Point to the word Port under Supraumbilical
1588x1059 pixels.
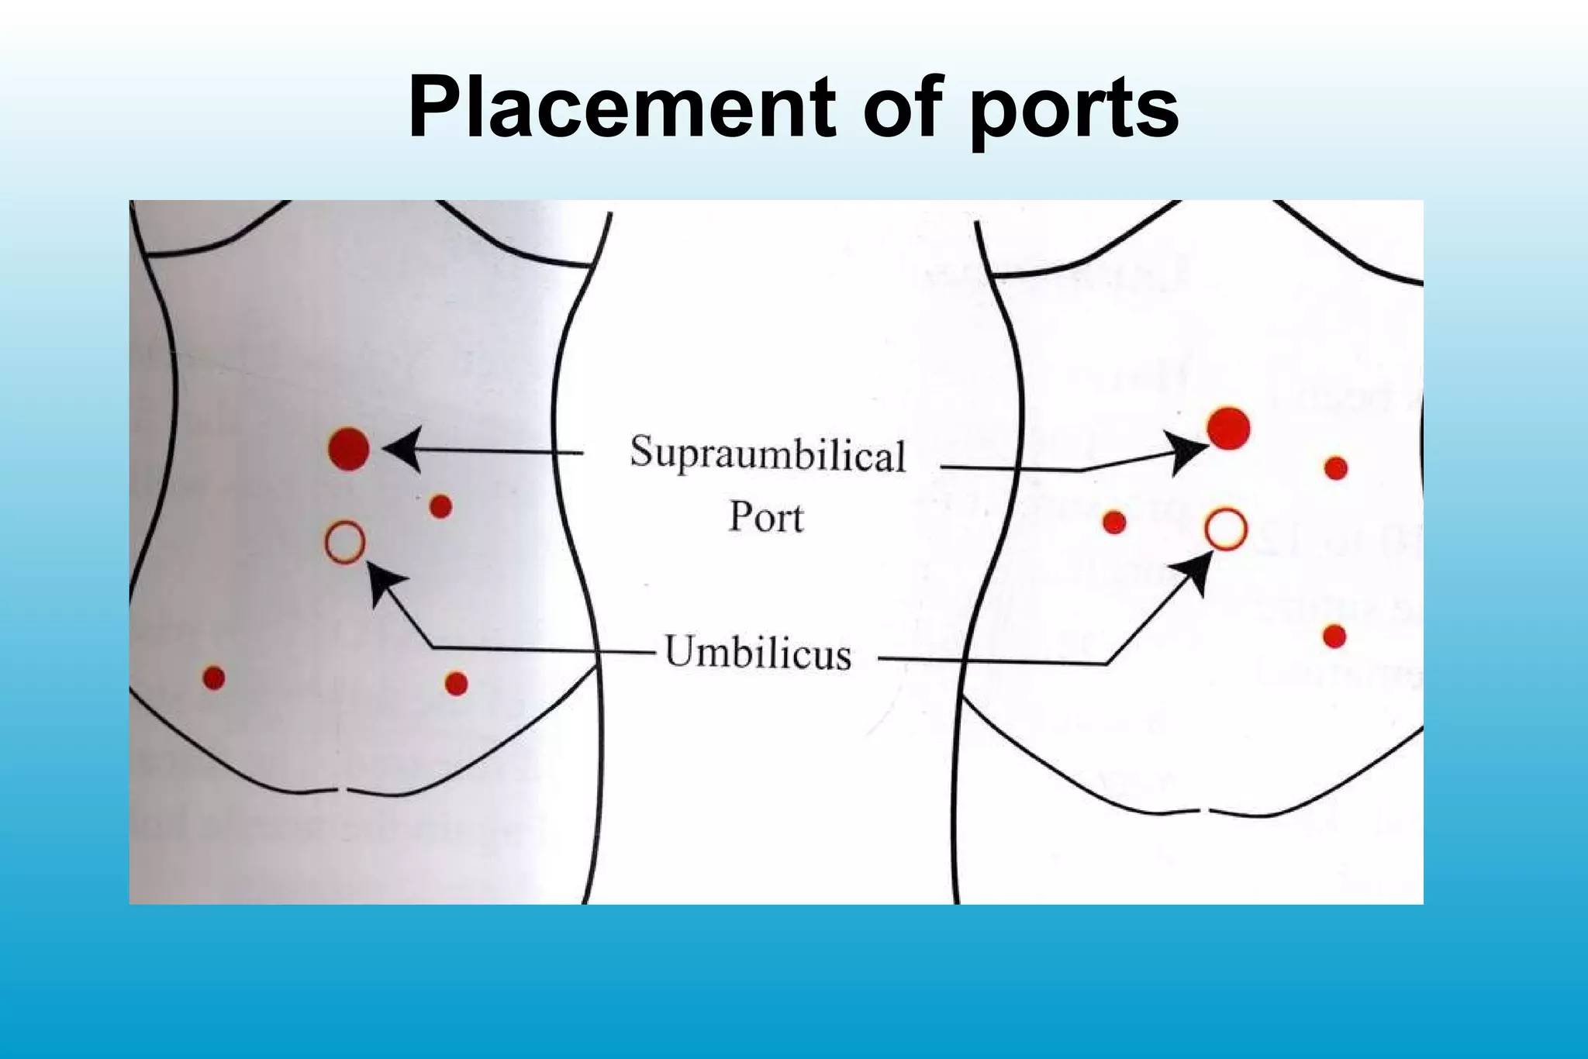pos(766,516)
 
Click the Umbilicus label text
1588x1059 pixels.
pos(758,652)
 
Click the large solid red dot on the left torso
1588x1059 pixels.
pos(349,448)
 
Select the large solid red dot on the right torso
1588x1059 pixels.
pos(1228,428)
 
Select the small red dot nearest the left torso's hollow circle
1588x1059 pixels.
pos(440,507)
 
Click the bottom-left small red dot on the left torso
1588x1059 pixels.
pos(213,678)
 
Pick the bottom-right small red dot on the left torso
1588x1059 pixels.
pos(456,684)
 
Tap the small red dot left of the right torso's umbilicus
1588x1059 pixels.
pos(1114,523)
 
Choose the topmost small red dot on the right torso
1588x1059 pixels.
pos(1336,468)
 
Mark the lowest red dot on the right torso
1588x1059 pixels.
pos(1334,636)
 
